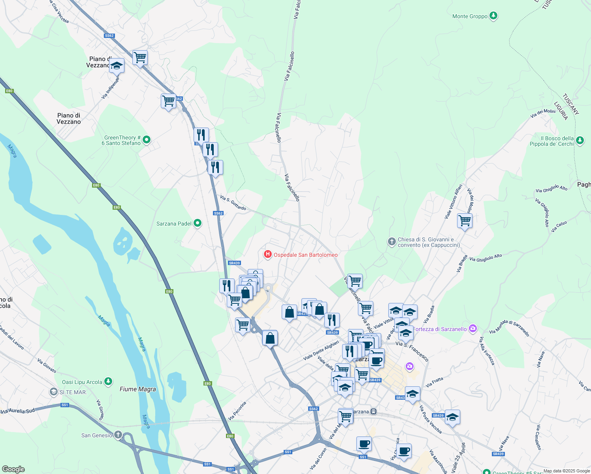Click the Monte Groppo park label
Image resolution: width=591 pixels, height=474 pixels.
point(470,16)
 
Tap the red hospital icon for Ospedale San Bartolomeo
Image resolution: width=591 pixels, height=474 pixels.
point(268,254)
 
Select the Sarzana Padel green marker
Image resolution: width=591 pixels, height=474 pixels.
point(198,224)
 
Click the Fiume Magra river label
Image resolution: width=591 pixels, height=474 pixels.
point(137,389)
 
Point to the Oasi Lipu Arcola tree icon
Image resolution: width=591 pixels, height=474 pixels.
point(108,382)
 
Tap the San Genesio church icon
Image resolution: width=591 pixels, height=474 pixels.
point(118,435)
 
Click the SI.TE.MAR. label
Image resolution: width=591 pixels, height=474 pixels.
point(73,392)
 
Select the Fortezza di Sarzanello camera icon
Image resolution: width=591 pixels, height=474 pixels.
point(472,329)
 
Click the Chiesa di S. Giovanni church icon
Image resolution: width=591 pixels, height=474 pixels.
point(391,242)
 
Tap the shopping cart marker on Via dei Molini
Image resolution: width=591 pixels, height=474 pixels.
point(465,221)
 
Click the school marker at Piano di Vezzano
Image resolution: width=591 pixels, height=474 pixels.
point(117,66)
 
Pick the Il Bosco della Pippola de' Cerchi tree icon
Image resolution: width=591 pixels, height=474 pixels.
point(580,141)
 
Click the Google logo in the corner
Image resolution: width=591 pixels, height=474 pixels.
point(13,469)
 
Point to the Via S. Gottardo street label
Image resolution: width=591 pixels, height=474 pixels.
point(233,203)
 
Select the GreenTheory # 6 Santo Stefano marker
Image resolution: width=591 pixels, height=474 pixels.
point(147,139)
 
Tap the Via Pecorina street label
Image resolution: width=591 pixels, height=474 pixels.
point(237,411)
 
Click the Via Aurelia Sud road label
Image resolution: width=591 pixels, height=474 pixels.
point(18,411)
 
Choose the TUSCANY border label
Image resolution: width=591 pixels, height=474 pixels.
point(571,104)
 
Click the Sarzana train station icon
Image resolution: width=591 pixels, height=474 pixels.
point(373,412)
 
